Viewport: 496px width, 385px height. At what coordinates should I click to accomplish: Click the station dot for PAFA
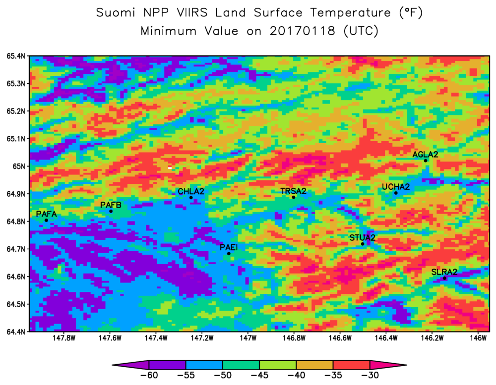46,220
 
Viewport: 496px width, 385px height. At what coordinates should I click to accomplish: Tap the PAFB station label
111,205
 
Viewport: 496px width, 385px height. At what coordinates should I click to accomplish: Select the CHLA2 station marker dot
191,198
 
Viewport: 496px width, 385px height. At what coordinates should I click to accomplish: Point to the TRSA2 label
293,191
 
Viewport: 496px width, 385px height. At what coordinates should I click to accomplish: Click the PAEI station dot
229,254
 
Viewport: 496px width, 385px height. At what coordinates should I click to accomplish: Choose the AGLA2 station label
425,155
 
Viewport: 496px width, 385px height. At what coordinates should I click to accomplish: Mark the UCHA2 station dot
396,193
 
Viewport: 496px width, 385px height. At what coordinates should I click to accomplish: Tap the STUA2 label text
362,238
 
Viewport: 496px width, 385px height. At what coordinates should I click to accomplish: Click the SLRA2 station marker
444,278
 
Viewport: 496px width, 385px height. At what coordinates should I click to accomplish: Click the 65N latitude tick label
18,166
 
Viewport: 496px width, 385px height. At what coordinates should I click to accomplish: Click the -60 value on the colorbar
149,375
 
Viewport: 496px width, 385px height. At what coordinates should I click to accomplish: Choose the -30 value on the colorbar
370,375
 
